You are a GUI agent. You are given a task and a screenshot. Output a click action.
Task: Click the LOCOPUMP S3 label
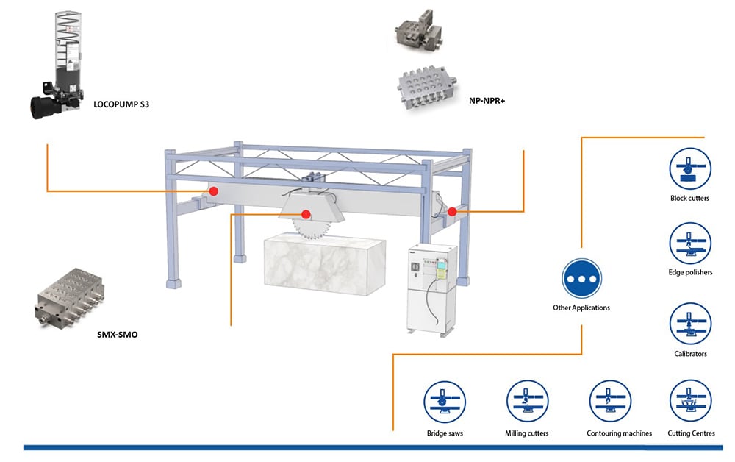121,104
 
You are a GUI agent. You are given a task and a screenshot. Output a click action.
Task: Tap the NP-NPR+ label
487,100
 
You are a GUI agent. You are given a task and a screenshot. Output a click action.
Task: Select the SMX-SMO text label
117,335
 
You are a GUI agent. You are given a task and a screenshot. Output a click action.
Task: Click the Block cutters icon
690,168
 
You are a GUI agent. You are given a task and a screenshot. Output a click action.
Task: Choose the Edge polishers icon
690,243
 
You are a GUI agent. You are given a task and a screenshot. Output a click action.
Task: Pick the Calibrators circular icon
690,324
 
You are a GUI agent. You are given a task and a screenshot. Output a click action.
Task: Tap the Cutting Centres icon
691,401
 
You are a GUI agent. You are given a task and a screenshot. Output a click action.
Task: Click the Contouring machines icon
610,401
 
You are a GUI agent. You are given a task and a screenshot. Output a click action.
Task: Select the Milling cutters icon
527,401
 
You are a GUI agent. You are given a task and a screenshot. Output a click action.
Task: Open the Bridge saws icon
445,402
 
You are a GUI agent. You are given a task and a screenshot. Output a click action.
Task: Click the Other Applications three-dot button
581,279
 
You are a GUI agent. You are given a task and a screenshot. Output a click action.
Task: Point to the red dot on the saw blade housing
306,214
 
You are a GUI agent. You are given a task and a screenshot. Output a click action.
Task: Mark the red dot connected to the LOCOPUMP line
214,191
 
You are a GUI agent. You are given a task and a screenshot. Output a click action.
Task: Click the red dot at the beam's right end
452,212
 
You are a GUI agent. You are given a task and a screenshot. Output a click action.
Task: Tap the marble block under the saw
325,263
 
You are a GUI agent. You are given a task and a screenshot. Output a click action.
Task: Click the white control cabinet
431,288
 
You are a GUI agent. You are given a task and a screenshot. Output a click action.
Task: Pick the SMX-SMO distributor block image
70,298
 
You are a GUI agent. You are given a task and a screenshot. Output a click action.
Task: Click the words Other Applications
581,308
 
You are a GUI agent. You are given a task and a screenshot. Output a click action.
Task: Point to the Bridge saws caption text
445,433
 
